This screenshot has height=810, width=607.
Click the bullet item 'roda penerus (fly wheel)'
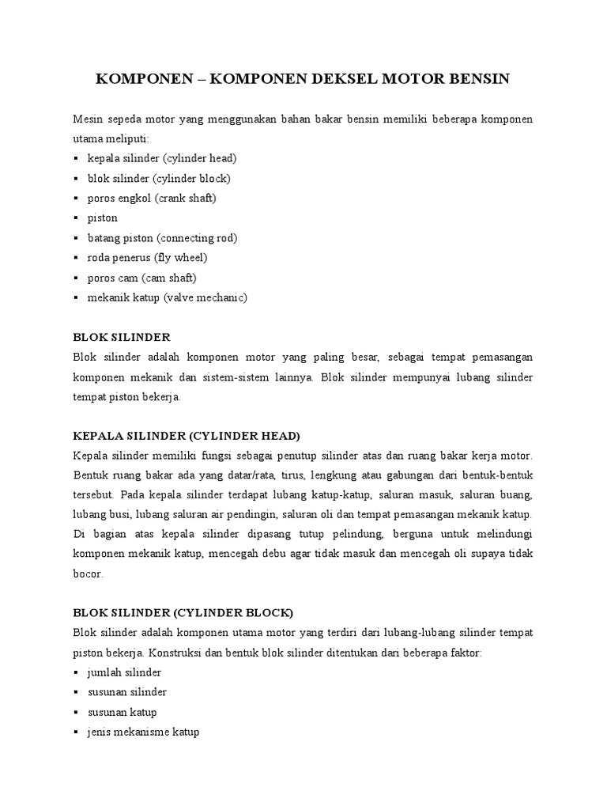pos(147,257)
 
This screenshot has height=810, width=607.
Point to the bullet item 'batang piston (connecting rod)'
pos(162,237)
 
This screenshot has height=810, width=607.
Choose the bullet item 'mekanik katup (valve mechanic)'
pos(168,297)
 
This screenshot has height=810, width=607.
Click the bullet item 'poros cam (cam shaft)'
pos(142,278)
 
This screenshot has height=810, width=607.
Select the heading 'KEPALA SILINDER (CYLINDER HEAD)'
pos(187,436)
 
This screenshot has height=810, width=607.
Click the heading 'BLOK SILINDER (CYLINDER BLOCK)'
pos(183,612)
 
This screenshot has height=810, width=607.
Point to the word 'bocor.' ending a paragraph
pos(88,573)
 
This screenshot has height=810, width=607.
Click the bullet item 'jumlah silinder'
pos(124,672)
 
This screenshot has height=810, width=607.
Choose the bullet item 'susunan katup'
pos(122,712)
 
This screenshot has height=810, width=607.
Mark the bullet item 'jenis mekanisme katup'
pos(143,732)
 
